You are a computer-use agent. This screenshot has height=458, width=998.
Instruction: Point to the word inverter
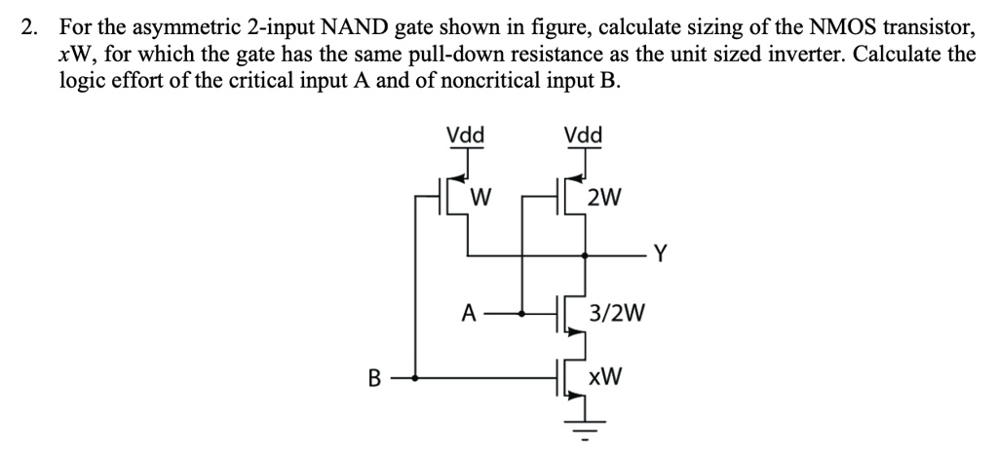point(767,54)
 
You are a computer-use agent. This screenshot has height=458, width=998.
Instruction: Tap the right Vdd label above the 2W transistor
point(583,135)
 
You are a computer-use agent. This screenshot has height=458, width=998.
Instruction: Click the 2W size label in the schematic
point(605,200)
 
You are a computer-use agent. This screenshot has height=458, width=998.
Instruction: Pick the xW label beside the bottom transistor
point(606,376)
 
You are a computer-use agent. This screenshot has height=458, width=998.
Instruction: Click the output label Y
point(661,255)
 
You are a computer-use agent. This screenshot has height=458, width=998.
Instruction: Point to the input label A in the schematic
point(469,314)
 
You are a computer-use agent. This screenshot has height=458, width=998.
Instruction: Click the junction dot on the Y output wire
point(583,256)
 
